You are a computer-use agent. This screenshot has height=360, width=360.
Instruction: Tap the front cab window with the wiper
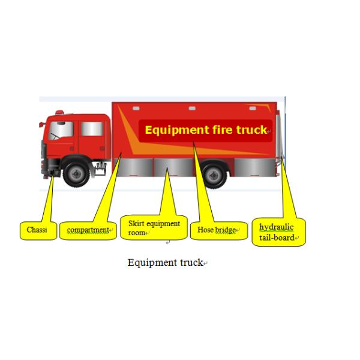coord(61,130)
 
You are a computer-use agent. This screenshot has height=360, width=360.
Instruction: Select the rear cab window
coord(91,129)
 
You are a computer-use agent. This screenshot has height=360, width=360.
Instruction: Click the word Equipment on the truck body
coord(175,130)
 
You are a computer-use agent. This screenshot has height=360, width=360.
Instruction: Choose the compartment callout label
coord(88,230)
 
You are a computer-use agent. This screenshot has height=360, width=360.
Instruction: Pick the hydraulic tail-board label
coord(278,232)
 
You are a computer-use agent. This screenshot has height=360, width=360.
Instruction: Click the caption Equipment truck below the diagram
coord(166,263)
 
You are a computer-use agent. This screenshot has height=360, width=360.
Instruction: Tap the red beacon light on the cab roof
coord(59,112)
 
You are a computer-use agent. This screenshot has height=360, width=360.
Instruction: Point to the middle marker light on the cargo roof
coord(192,109)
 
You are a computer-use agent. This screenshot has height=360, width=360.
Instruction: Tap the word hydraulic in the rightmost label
coord(276,227)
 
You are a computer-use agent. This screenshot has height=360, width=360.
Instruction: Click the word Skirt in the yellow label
coord(137,224)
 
